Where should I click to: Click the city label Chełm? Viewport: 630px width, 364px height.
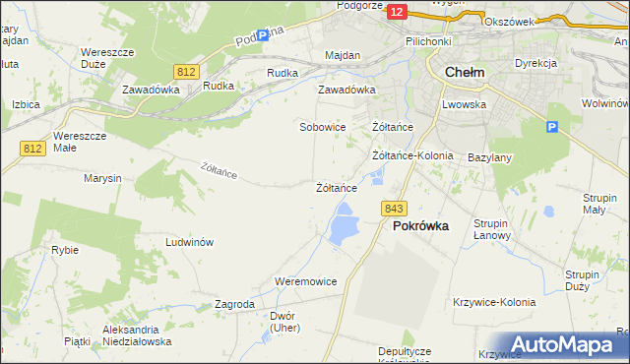click(464, 72)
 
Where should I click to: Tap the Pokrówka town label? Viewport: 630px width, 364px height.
click(420, 225)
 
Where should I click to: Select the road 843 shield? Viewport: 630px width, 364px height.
click(395, 209)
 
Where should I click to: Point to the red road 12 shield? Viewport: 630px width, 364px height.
click(397, 11)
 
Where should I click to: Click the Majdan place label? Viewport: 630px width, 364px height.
click(344, 55)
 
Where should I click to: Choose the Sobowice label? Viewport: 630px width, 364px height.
click(322, 128)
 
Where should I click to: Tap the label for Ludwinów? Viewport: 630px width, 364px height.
click(190, 242)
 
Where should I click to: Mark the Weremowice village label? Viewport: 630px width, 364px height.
click(306, 281)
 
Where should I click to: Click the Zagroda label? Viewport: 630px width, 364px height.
click(234, 305)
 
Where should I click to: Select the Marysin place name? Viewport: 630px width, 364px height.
click(102, 179)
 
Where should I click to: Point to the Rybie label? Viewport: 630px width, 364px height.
click(65, 250)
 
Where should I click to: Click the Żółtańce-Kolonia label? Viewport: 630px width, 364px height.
click(412, 155)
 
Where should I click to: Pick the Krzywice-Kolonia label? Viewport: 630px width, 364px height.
click(494, 302)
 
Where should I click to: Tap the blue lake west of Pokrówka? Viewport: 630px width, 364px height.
click(343, 223)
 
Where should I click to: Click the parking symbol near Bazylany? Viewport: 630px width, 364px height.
click(552, 128)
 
